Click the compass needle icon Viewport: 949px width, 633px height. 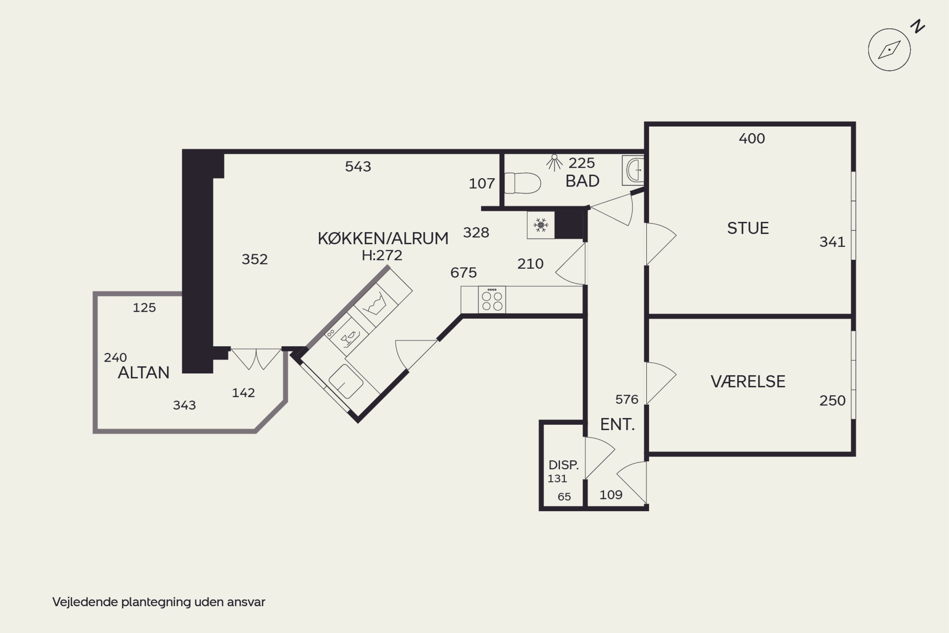889,50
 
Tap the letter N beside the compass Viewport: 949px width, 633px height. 918,26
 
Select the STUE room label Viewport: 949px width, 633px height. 748,228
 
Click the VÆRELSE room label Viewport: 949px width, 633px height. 748,381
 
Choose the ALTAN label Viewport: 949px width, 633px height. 144,373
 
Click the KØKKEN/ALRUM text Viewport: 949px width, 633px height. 383,238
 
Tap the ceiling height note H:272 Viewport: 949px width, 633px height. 382,255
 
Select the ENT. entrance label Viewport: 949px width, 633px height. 617,424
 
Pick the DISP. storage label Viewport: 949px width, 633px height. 563,465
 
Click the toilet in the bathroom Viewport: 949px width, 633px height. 523,183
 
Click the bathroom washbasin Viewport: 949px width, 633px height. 633,170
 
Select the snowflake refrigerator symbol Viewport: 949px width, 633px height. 541,225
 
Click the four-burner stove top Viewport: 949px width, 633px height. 492,299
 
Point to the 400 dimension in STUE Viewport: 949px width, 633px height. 752,139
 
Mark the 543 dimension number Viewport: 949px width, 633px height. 358,166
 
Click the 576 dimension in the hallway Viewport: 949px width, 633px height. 627,399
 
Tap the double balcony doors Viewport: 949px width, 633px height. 256,359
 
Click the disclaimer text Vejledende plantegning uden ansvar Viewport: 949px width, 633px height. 158,602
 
